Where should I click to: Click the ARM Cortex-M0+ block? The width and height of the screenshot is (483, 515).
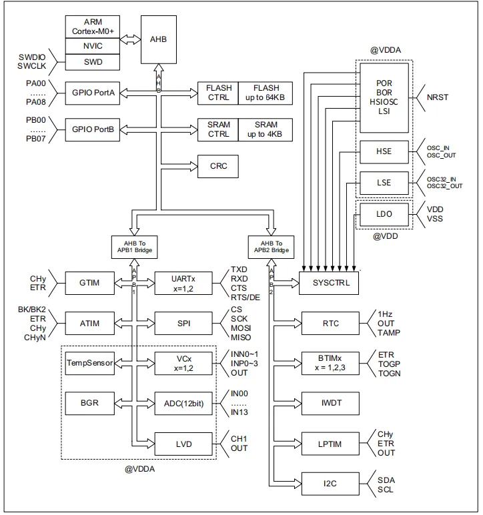tap(93, 26)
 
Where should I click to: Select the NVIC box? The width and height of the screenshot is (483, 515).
tap(93, 47)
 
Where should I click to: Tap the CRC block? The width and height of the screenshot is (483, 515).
tap(218, 166)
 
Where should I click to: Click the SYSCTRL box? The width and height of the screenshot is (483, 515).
tap(329, 283)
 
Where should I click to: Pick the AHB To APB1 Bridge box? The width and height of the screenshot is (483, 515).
tap(134, 247)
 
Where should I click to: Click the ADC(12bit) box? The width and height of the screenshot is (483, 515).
tap(183, 403)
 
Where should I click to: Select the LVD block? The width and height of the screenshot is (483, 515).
tap(183, 443)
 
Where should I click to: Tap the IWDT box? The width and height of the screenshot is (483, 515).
tap(330, 404)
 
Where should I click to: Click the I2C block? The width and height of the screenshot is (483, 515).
tap(330, 483)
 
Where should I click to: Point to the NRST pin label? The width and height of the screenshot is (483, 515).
tap(438, 97)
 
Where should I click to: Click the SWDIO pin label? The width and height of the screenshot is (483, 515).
tap(32, 57)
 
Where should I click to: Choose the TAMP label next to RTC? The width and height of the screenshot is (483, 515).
tap(388, 334)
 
